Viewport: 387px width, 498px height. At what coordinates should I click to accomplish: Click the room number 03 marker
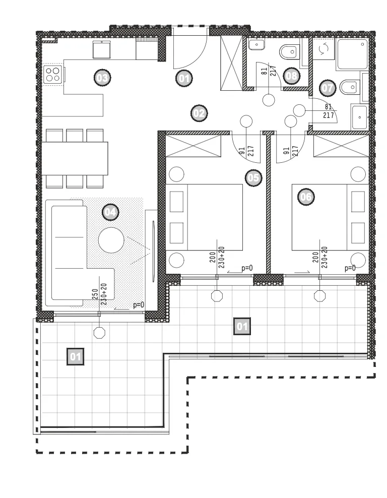coord(102,78)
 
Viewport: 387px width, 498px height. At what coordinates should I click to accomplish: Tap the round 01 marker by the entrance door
coord(184,78)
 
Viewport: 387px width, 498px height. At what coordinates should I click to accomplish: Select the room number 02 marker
coord(200,113)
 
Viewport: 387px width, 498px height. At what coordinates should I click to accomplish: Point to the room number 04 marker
coord(110,212)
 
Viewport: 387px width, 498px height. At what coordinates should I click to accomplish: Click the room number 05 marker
coord(253,177)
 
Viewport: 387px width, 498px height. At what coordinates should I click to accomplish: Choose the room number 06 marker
coord(306,197)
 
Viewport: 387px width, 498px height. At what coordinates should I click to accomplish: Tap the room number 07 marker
coord(328,88)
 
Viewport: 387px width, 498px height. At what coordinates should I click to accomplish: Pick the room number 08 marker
coord(291,76)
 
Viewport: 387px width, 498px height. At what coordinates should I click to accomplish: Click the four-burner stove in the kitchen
coord(53,75)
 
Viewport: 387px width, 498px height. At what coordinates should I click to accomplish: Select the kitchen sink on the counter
coord(102,50)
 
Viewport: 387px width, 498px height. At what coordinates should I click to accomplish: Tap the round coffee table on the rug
coord(111,240)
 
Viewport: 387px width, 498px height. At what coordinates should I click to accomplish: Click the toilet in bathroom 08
coord(289,51)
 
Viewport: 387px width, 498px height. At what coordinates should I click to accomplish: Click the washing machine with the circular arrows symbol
coord(324,49)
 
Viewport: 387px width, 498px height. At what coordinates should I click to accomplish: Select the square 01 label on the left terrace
coord(75,356)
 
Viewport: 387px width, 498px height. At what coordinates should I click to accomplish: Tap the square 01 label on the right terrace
coord(242,326)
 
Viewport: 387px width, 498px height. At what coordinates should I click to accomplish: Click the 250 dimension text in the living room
coord(95,294)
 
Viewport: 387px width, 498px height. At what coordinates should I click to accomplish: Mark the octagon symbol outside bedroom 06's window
coord(319,296)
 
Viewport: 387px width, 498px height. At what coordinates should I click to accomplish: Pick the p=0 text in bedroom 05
coord(247,268)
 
